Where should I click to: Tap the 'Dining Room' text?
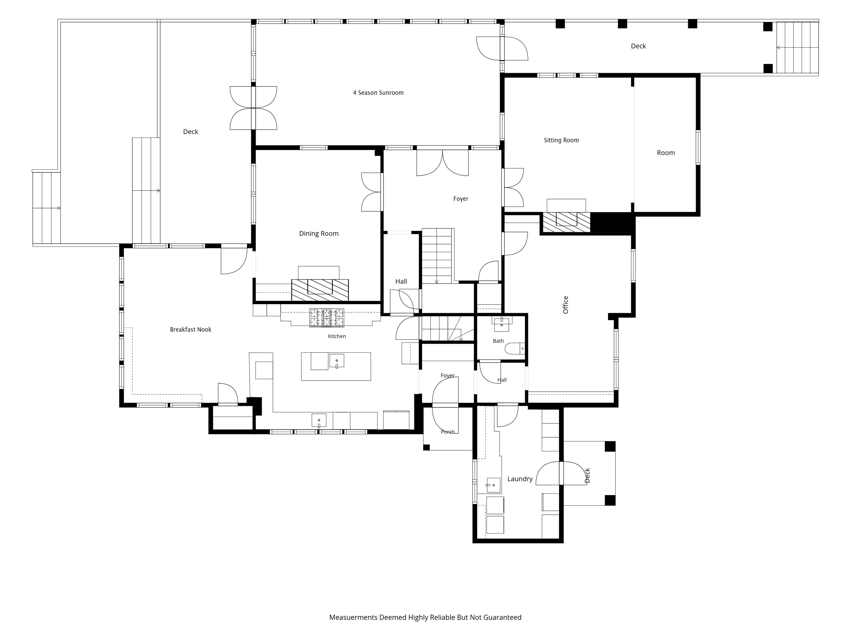319,233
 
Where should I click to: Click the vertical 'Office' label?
565,305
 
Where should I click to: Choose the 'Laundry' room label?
520,479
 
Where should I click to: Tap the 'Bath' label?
498,341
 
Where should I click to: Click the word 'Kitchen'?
337,336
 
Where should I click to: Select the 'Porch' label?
447,432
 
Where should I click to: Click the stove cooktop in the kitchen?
327,318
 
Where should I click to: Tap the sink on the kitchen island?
337,360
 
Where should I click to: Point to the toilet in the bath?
514,348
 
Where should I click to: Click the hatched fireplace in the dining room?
320,290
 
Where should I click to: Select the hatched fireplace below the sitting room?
566,222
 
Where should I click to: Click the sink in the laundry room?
493,485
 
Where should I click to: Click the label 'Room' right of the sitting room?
665,153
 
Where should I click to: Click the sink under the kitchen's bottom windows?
319,420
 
